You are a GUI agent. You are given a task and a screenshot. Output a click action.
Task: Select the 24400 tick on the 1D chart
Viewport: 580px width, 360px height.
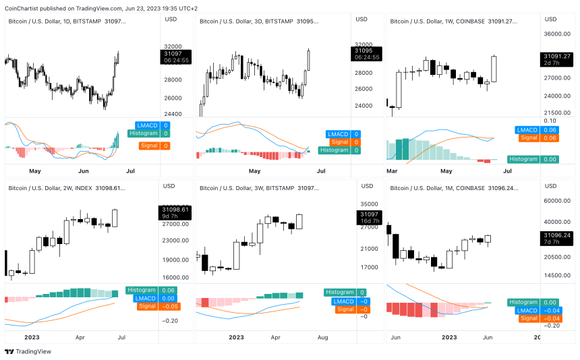173,114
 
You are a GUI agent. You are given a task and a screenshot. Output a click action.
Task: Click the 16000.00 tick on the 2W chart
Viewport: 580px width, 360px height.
175,277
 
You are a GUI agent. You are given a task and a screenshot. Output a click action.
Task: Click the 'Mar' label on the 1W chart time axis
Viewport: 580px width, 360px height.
392,171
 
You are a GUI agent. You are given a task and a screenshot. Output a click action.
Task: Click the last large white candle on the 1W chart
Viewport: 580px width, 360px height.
494,69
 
